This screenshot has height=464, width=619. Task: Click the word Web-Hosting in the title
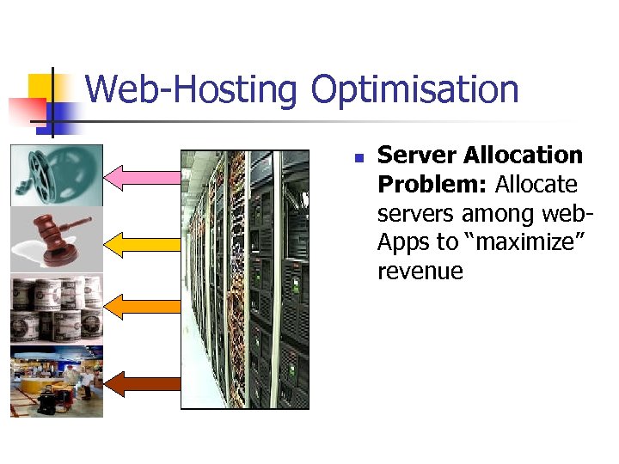point(192,90)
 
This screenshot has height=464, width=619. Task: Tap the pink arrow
point(143,177)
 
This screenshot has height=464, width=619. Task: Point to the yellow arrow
point(143,243)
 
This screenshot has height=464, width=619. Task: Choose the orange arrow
point(143,305)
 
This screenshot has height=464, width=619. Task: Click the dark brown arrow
point(143,382)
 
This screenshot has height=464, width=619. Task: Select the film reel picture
point(57,175)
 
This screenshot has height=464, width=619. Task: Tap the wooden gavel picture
point(57,239)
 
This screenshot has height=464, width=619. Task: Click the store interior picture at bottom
point(57,381)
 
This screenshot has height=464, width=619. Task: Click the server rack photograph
point(245,279)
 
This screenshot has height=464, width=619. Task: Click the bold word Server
point(417,156)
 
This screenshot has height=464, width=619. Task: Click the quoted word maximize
point(525,243)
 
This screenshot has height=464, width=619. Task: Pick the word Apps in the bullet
point(402,243)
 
